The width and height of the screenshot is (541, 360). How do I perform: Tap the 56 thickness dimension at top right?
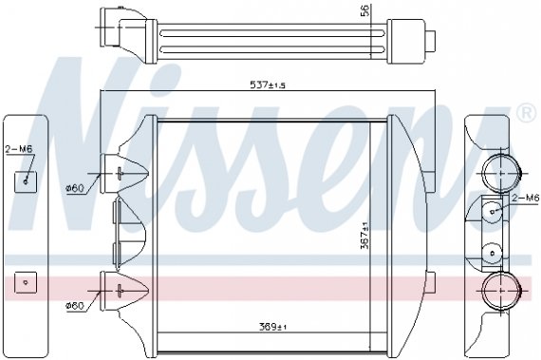(x=363, y=11)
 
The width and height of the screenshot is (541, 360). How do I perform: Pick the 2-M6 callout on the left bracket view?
(x=18, y=150)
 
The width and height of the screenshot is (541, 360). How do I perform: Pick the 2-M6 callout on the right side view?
(x=525, y=198)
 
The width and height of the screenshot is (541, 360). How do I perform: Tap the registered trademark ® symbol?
(x=525, y=114)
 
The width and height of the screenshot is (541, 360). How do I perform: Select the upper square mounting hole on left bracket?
(x=26, y=180)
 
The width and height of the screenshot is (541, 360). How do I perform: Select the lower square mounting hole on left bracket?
(x=26, y=282)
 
